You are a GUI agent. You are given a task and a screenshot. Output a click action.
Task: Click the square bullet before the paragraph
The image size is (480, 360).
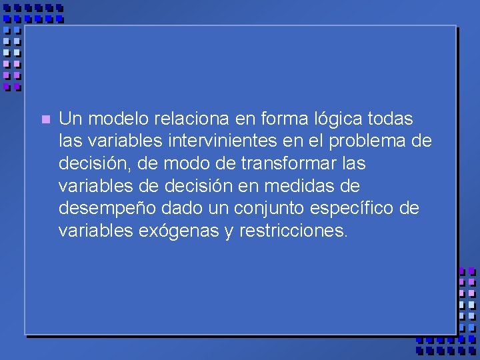[x=45, y=120]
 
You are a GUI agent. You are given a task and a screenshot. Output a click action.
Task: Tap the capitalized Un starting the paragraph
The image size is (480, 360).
[x=71, y=119]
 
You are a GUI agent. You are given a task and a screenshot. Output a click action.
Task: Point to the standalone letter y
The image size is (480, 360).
[x=229, y=232]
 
